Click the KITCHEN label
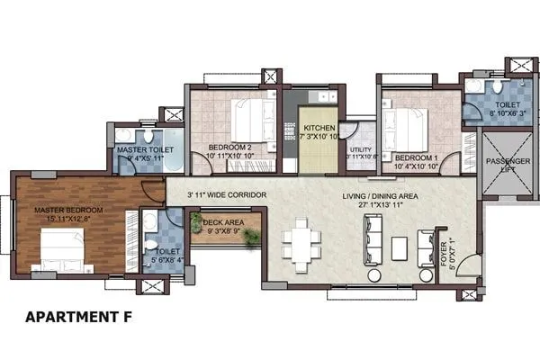319,128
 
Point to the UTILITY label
361,149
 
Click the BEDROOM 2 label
229,146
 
